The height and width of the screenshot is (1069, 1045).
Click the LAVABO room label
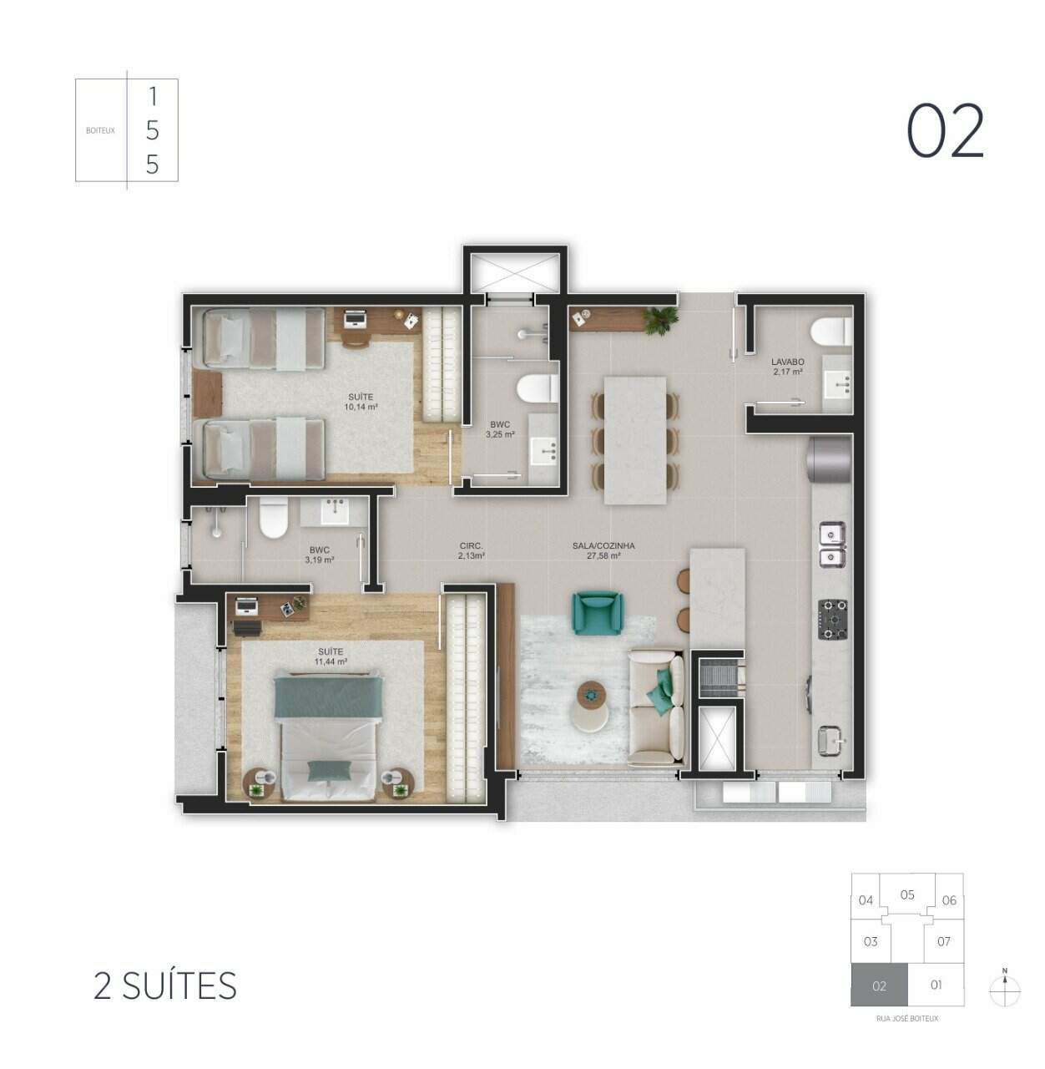(786, 362)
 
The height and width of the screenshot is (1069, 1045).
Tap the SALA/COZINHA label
(603, 545)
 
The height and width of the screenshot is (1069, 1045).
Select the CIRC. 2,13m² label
(472, 550)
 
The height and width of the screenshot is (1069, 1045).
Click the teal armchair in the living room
(596, 612)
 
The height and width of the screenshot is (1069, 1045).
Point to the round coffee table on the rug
(592, 692)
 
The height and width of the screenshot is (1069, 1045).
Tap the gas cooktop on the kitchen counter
(831, 619)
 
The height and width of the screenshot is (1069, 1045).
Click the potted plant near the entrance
(662, 318)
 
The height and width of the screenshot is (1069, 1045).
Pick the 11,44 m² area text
(331, 661)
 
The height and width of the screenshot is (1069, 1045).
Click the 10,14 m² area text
(361, 407)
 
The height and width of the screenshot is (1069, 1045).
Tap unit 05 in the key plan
(907, 894)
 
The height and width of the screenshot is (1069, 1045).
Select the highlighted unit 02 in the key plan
(879, 985)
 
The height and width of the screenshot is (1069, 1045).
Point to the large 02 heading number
(946, 132)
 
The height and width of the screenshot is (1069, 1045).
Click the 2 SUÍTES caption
(165, 986)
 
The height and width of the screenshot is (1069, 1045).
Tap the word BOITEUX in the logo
(100, 130)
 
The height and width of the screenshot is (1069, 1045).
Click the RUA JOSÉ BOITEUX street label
(906, 1019)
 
